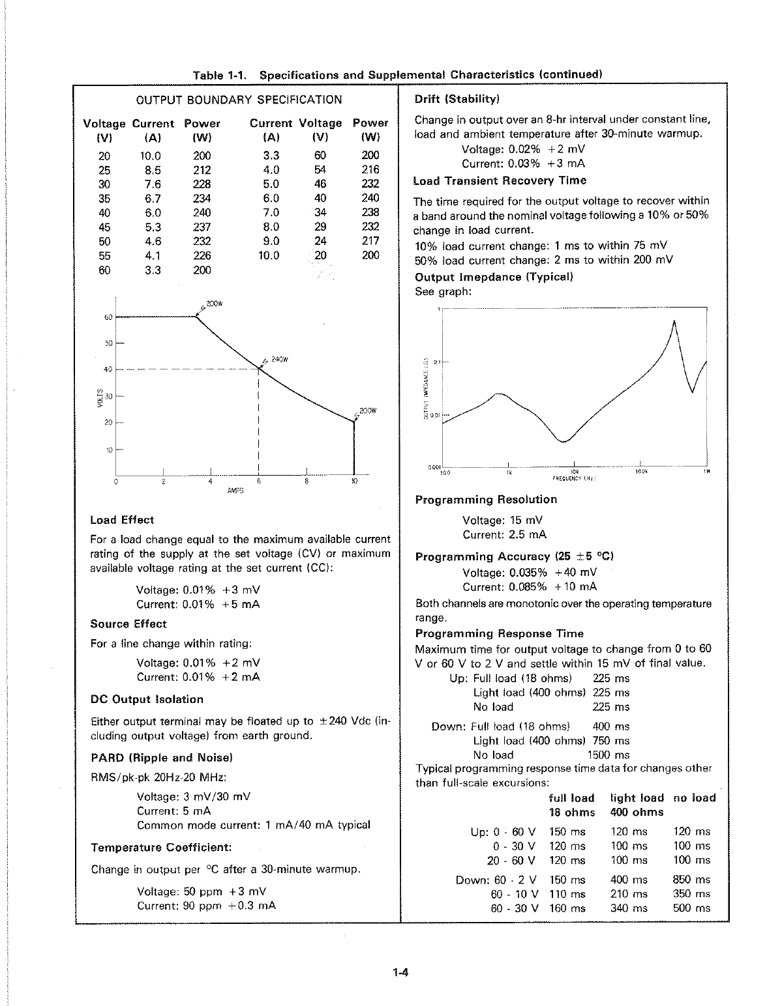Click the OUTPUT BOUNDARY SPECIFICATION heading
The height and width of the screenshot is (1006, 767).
click(238, 100)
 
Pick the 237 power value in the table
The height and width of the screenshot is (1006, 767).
click(202, 227)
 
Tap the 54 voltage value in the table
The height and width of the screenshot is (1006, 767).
click(320, 170)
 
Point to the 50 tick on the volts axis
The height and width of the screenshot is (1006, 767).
click(109, 343)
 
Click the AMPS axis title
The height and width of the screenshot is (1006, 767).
click(235, 491)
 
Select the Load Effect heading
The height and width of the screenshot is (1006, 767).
click(122, 520)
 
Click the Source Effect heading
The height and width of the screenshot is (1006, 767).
click(128, 624)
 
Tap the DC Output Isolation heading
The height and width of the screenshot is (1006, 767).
click(147, 699)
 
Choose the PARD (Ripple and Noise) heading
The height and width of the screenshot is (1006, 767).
click(162, 758)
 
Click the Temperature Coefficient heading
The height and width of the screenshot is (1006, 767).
click(161, 848)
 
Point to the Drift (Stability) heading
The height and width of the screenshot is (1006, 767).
click(457, 100)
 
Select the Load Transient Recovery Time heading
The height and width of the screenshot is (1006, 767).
click(500, 180)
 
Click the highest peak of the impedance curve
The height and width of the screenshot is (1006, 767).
click(674, 321)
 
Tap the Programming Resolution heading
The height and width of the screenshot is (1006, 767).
click(486, 500)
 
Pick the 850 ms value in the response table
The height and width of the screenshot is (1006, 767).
click(691, 880)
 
